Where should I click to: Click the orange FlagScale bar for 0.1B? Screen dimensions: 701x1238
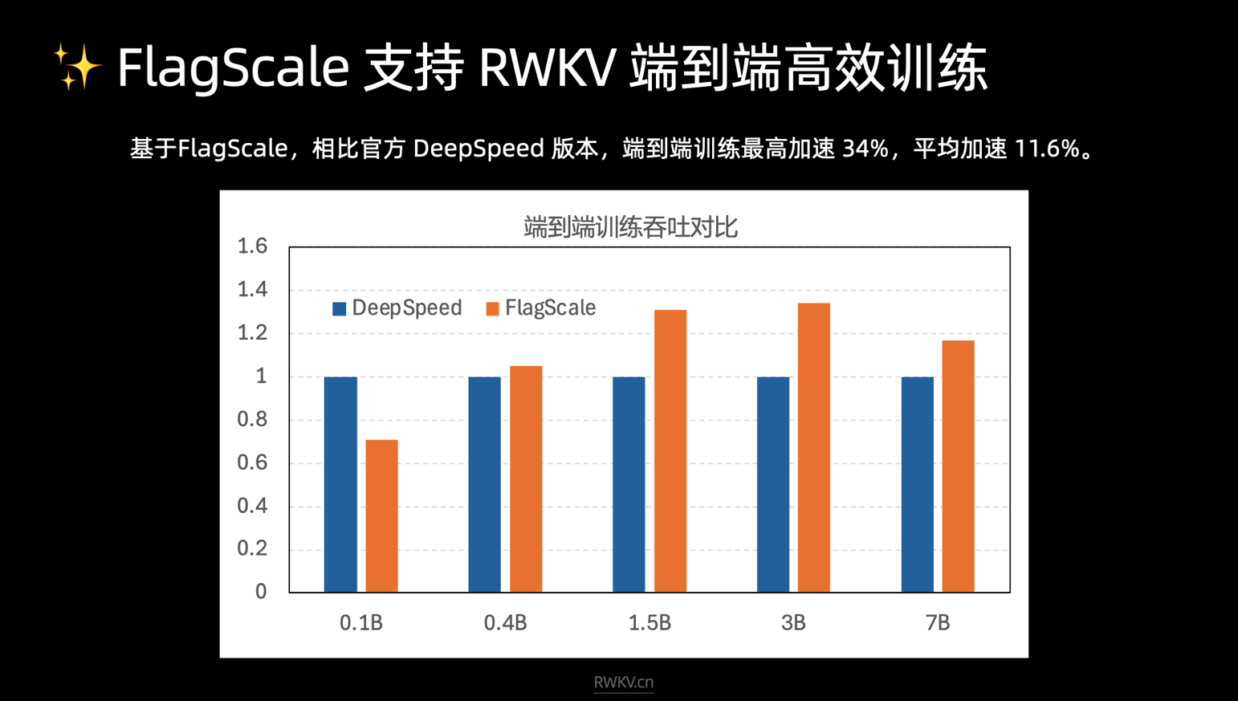pyautogui.click(x=381, y=516)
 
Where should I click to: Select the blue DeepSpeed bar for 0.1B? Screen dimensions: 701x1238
pyautogui.click(x=340, y=484)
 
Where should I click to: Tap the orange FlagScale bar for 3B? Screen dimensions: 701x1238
pyautogui.click(x=813, y=447)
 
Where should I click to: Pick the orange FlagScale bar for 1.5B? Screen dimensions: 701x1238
pyautogui.click(x=670, y=450)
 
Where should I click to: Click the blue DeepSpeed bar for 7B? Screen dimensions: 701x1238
pyautogui.click(x=917, y=484)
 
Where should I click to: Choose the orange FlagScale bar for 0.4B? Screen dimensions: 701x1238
pyautogui.click(x=526, y=479)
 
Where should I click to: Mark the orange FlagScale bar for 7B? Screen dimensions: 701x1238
pyautogui.click(x=958, y=466)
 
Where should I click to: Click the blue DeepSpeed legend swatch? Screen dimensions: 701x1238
pyautogui.click(x=340, y=308)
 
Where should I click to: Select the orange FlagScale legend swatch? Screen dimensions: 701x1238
pyautogui.click(x=492, y=308)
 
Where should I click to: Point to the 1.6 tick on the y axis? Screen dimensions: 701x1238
pyautogui.click(x=252, y=246)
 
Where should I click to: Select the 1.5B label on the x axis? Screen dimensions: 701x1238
pyautogui.click(x=650, y=623)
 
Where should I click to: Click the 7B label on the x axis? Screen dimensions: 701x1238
pyautogui.click(x=937, y=623)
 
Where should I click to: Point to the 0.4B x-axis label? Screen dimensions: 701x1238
pyautogui.click(x=505, y=623)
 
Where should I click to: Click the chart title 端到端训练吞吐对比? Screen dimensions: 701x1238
pyautogui.click(x=630, y=227)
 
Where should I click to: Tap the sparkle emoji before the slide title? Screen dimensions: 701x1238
pyautogui.click(x=77, y=67)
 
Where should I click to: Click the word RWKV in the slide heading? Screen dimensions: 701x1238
pyautogui.click(x=547, y=67)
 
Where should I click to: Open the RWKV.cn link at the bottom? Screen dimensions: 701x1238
pyautogui.click(x=623, y=683)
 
